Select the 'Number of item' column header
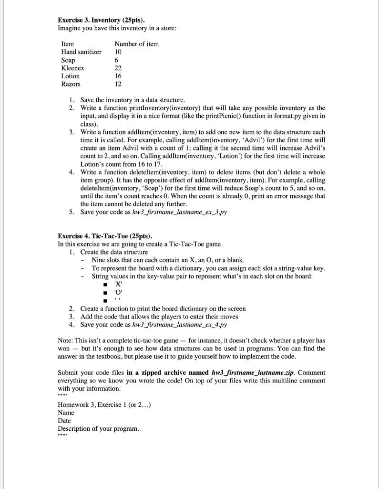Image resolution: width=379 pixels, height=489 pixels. click(137, 44)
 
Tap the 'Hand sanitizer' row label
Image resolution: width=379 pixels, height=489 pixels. click(82, 52)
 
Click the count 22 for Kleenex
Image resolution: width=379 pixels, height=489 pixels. click(119, 68)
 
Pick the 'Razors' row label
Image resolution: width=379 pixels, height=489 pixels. click(71, 84)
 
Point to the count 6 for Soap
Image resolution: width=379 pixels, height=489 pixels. click(117, 60)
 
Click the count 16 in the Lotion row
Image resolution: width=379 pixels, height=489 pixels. click(119, 76)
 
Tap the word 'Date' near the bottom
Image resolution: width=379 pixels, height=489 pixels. click(64, 420)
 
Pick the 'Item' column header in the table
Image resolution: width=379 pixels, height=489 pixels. click(68, 44)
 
